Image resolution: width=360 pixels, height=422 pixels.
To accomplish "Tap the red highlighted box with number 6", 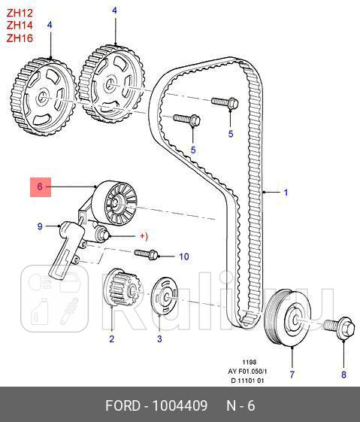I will tap(41, 187).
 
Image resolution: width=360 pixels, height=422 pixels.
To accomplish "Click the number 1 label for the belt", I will tap(286, 193).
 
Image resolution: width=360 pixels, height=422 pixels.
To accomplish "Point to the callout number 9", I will tap(40, 225).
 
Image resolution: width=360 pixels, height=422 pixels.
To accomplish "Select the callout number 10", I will tap(183, 257).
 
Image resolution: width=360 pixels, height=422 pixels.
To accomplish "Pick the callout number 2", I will tap(111, 339).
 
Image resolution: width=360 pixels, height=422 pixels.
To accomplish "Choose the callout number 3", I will tap(159, 339).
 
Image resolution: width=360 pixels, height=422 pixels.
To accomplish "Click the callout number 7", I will tap(292, 373).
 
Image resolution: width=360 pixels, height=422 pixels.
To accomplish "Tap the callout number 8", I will tap(344, 374).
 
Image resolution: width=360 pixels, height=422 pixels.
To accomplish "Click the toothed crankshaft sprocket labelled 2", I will tap(120, 289).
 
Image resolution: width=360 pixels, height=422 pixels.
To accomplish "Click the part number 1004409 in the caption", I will tap(181, 407).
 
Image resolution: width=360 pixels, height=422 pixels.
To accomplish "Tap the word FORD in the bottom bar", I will tap(123, 407).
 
